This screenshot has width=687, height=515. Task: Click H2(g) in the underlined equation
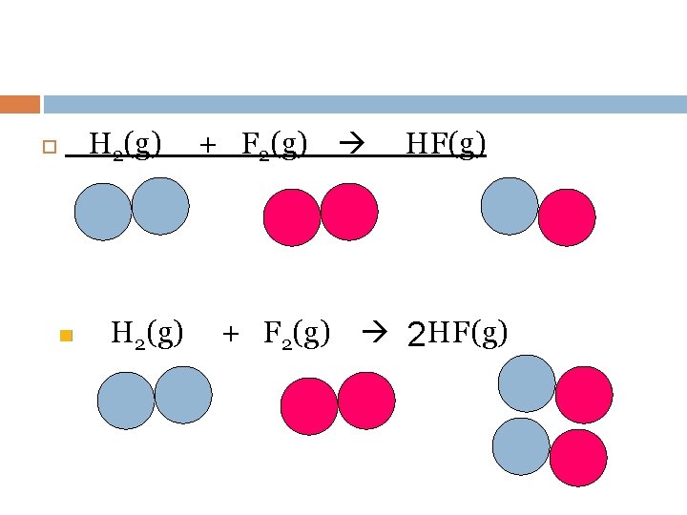click(124, 145)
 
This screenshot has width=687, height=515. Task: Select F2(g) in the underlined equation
click(275, 145)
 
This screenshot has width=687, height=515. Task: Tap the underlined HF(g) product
click(446, 145)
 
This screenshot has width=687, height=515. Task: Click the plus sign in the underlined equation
click(207, 146)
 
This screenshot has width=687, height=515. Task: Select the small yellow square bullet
click(66, 336)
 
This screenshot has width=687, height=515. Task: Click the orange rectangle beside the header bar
click(20, 104)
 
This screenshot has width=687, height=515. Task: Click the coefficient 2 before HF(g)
click(416, 336)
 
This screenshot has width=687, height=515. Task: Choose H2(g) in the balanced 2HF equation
click(147, 334)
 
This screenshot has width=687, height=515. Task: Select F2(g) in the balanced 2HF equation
click(297, 334)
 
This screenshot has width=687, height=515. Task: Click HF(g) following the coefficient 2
click(468, 334)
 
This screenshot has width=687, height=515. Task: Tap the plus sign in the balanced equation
click(229, 335)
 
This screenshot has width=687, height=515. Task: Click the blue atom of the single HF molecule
click(510, 206)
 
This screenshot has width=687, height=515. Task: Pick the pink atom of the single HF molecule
click(567, 217)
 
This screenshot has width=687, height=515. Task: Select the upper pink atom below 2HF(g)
click(584, 395)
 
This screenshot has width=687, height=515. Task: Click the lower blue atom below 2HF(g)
click(521, 446)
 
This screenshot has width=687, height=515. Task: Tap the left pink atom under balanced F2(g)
click(309, 405)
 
